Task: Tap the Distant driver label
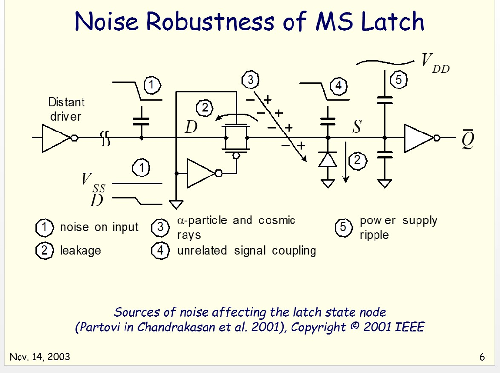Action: click(x=66, y=109)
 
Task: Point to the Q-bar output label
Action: click(x=468, y=140)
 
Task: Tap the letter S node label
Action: click(x=357, y=127)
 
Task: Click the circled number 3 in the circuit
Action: click(x=250, y=80)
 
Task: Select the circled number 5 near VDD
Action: click(x=399, y=80)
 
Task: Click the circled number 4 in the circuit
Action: click(x=338, y=87)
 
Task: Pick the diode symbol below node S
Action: click(x=328, y=159)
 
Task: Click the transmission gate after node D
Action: click(x=236, y=138)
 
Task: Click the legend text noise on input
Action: click(x=99, y=227)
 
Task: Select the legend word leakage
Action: click(x=80, y=251)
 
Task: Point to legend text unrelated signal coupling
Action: click(x=246, y=251)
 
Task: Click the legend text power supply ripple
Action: click(x=398, y=227)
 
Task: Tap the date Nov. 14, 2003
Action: click(x=40, y=357)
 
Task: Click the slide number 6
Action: click(x=482, y=357)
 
